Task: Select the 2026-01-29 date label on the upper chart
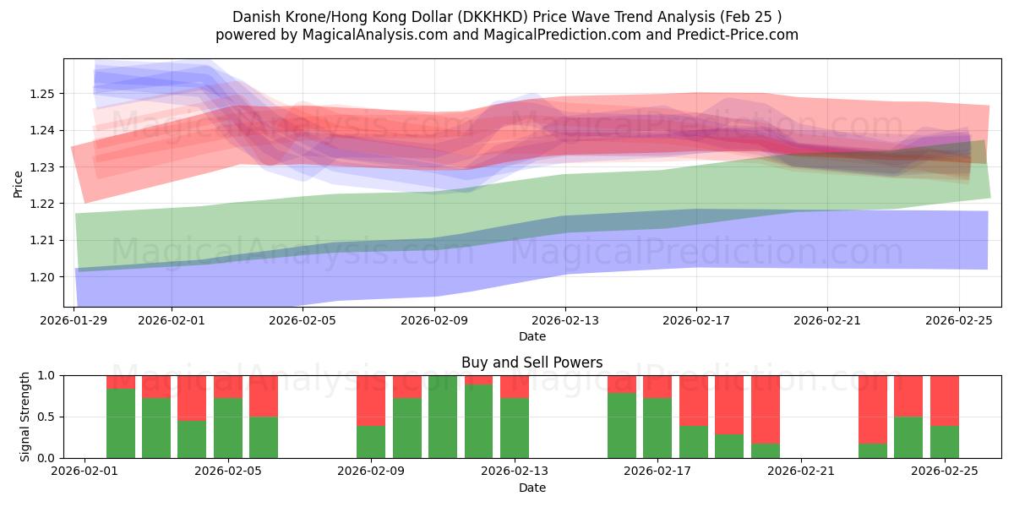click(x=75, y=320)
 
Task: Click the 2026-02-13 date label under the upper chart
click(x=565, y=320)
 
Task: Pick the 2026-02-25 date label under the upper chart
click(x=958, y=320)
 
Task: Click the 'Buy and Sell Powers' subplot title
click(x=532, y=363)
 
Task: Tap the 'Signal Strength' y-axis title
click(x=25, y=417)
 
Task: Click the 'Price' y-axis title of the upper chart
click(x=19, y=183)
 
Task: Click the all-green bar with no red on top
click(x=443, y=417)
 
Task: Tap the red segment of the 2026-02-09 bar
click(x=371, y=400)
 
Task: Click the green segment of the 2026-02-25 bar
click(x=945, y=442)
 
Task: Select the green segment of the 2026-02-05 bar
click(x=264, y=437)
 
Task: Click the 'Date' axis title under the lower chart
click(x=532, y=488)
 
